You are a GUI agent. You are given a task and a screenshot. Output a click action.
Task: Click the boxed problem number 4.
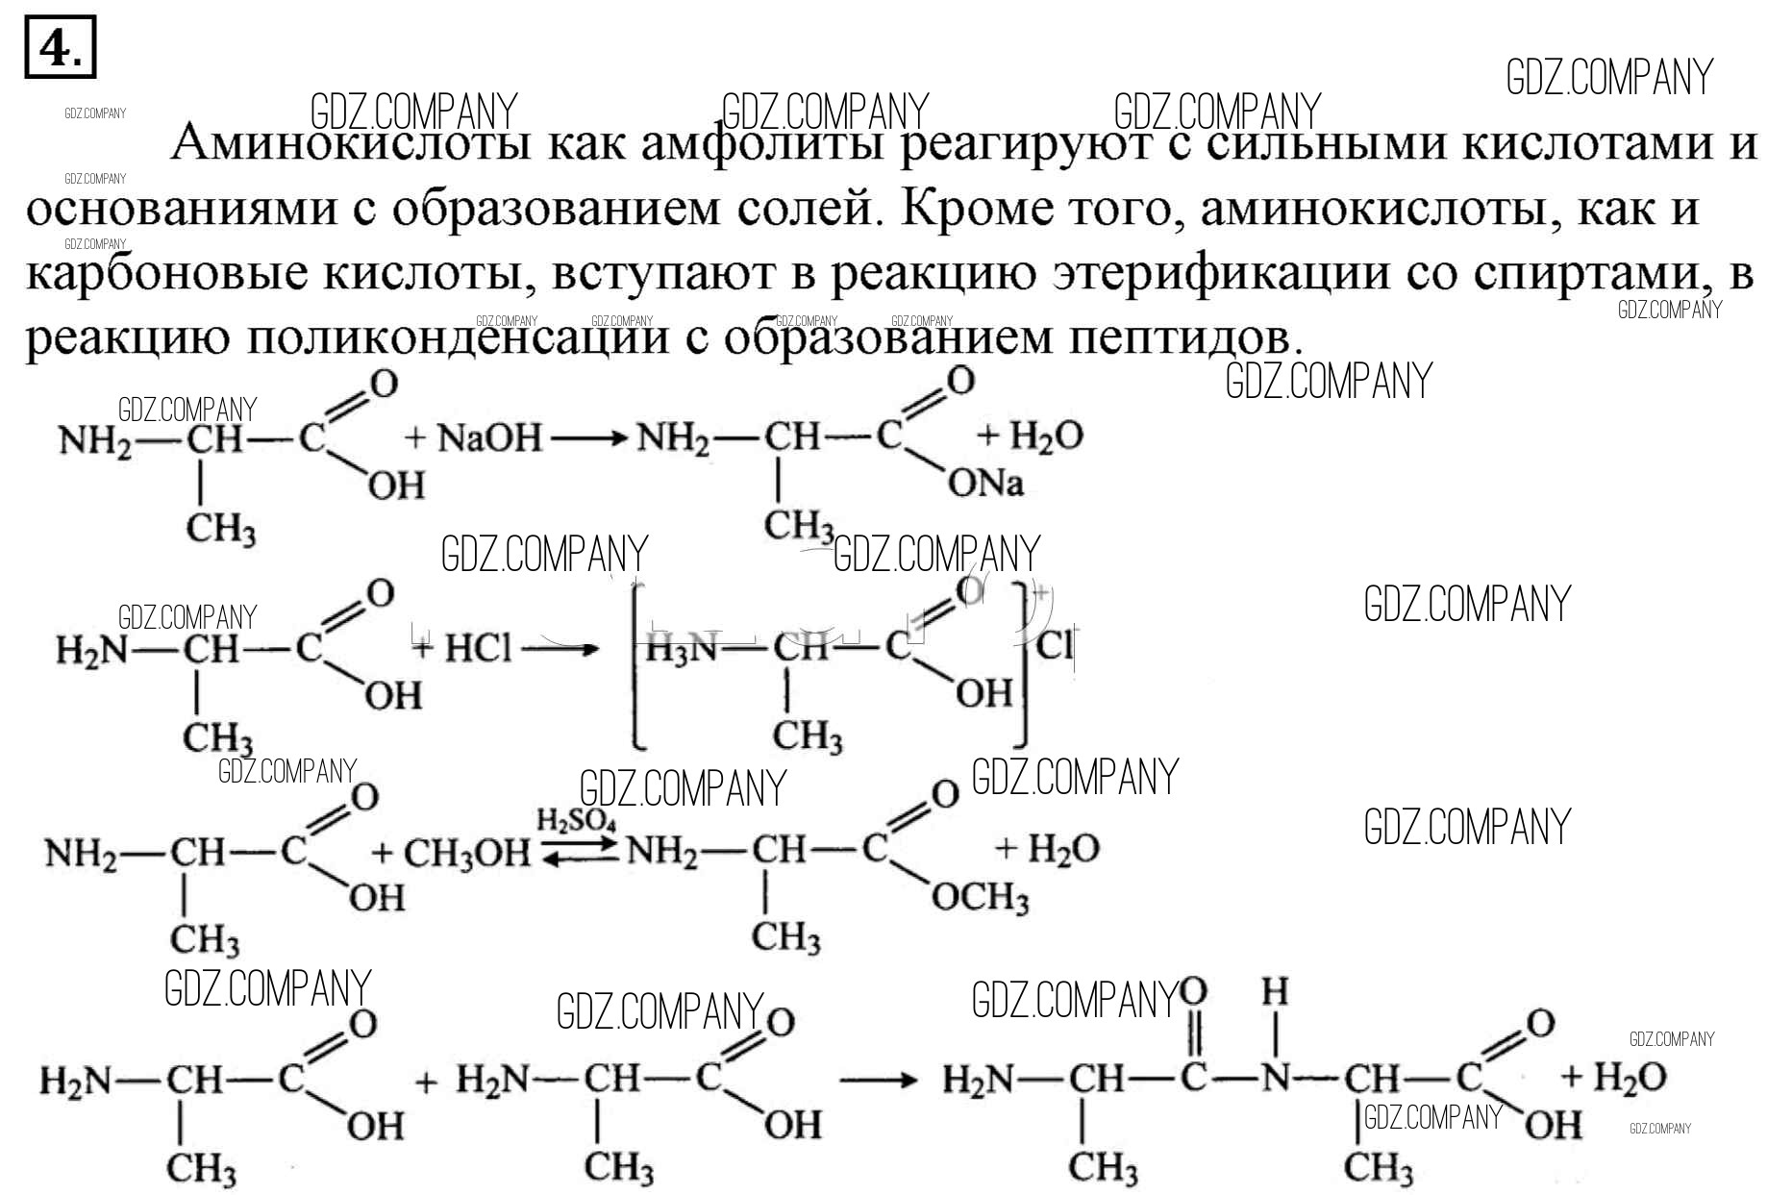pyautogui.click(x=60, y=47)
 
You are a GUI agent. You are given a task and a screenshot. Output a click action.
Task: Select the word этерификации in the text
pyautogui.click(x=1222, y=274)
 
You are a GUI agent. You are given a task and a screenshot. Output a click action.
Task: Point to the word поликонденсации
pyautogui.click(x=457, y=337)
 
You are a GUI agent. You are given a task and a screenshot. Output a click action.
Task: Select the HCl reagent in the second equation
pyautogui.click(x=478, y=649)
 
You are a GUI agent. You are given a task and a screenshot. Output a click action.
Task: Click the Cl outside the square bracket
pyautogui.click(x=1055, y=644)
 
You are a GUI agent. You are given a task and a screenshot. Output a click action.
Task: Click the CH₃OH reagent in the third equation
pyautogui.click(x=466, y=853)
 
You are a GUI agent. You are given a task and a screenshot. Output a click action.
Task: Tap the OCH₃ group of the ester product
pyautogui.click(x=980, y=898)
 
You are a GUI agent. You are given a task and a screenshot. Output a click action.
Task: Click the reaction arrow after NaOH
pyautogui.click(x=588, y=439)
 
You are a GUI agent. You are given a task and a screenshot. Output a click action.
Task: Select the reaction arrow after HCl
pyautogui.click(x=560, y=649)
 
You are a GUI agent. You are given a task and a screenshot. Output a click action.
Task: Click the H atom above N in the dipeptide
pyautogui.click(x=1275, y=992)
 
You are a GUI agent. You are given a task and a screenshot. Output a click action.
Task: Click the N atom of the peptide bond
pyautogui.click(x=1275, y=1079)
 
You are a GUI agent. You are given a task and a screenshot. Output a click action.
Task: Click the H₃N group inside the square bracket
pyautogui.click(x=681, y=650)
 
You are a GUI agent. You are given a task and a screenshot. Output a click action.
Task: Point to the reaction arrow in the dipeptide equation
pyautogui.click(x=879, y=1080)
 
